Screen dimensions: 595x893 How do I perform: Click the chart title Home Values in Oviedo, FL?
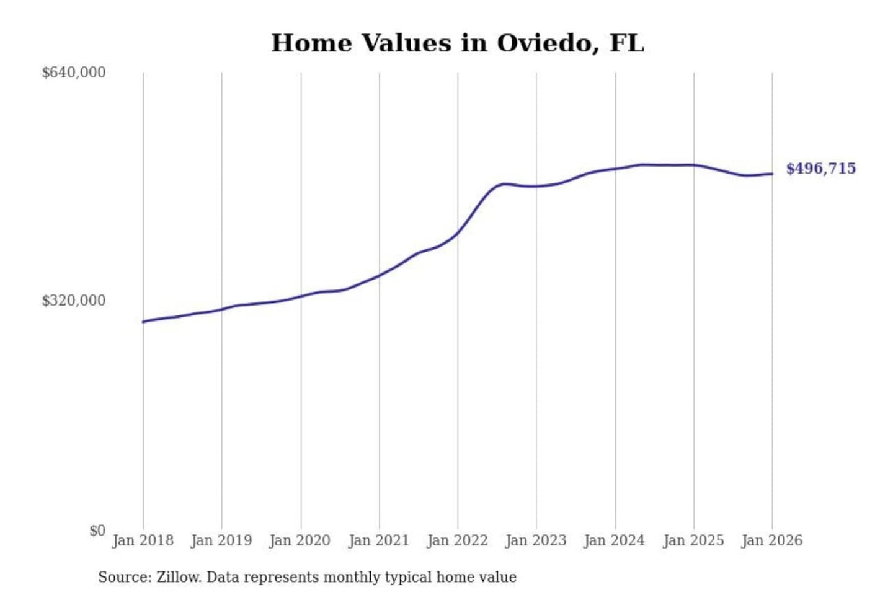[x=458, y=43]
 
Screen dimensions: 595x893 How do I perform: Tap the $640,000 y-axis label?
[x=74, y=73]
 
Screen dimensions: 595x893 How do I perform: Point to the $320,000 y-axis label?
[x=74, y=301]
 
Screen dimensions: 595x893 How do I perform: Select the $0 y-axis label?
[x=97, y=531]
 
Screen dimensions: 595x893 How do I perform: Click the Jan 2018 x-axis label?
[x=143, y=540]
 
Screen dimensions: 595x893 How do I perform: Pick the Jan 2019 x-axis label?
[x=221, y=540]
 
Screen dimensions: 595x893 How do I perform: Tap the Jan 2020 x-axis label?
[x=300, y=540]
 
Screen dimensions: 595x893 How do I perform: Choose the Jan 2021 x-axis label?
[x=379, y=540]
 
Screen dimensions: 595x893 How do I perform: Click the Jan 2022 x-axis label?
[x=458, y=540]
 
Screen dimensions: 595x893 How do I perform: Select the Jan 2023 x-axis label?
[x=536, y=540]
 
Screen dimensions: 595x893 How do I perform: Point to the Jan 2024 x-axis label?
[x=615, y=540]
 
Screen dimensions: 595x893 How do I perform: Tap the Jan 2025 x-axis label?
[x=693, y=540]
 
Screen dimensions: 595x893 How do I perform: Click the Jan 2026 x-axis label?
[x=772, y=540]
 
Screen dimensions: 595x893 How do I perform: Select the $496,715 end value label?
[x=820, y=169]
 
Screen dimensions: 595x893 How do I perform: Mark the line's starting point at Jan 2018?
[x=143, y=322]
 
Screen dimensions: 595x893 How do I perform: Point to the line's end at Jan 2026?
[x=772, y=174]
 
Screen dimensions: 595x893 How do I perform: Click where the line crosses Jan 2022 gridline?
[x=458, y=232]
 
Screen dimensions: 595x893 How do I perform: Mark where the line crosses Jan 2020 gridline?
[x=301, y=296]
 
